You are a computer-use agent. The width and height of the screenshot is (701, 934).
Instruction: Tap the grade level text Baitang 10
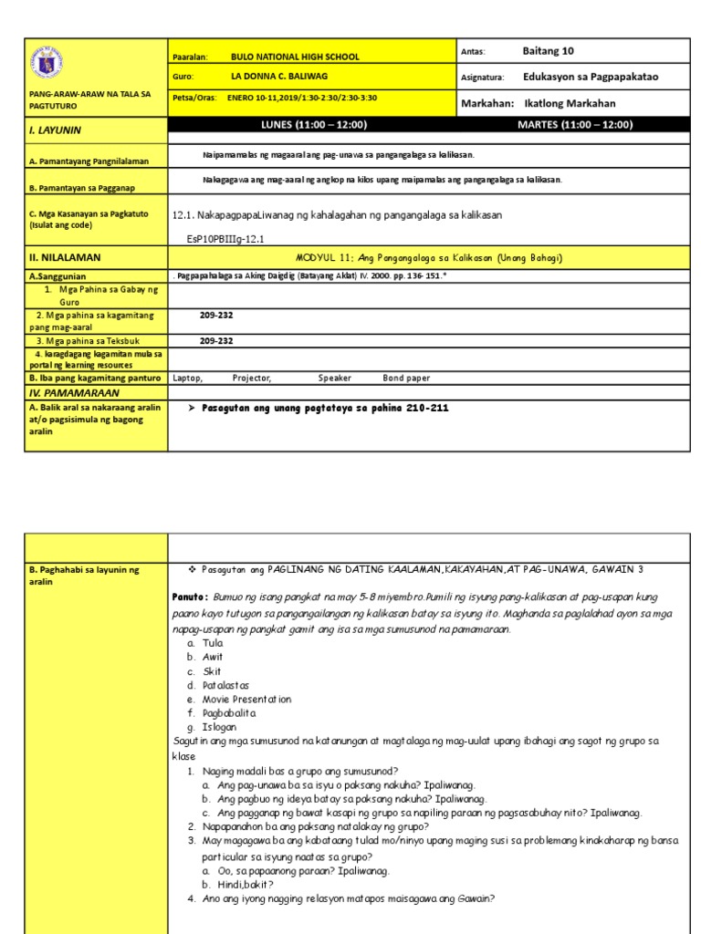pos(549,51)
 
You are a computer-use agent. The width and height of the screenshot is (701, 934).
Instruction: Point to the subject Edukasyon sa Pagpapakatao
pos(591,77)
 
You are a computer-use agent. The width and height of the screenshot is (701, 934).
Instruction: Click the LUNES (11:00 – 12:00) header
pos(314,125)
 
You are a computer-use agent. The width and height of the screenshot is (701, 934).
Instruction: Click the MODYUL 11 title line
pos(430,258)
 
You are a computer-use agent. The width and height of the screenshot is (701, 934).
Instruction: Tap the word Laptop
pos(187,377)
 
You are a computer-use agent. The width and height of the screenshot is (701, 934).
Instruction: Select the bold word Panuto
pos(191,596)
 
